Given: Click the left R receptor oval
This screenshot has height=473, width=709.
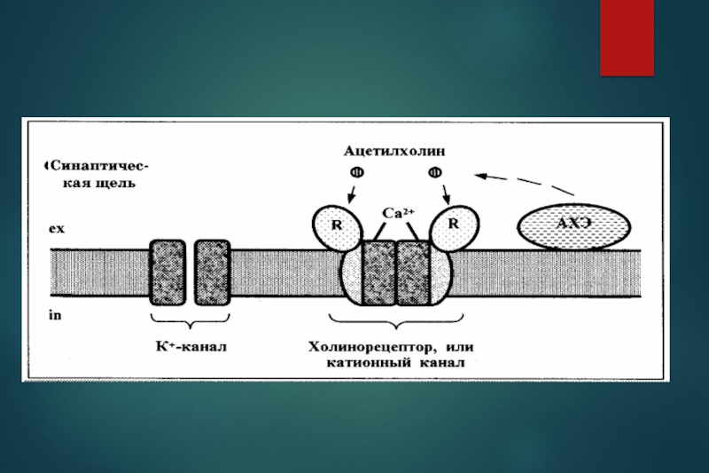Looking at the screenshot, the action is [x=337, y=225].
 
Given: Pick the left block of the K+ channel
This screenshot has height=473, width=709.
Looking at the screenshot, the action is [x=168, y=272].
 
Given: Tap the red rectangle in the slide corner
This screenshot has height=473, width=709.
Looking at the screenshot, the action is [x=627, y=37].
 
